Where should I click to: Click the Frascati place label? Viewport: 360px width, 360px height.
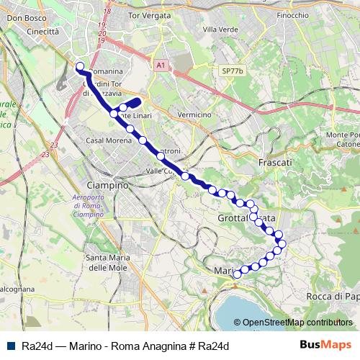pyautogui.click(x=279, y=163)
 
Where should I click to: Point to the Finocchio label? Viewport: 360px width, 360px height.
pyautogui.click(x=292, y=14)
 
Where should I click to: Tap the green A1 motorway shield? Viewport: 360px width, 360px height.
pyautogui.click(x=161, y=65)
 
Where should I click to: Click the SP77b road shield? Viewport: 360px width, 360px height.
pyautogui.click(x=233, y=71)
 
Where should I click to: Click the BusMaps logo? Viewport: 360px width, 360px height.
pyautogui.click(x=325, y=345)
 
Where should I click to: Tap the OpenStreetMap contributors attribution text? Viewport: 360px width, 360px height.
pyautogui.click(x=297, y=323)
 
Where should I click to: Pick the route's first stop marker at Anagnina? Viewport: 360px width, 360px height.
pyautogui.click(x=80, y=68)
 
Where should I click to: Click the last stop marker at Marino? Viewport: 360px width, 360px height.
pyautogui.click(x=237, y=274)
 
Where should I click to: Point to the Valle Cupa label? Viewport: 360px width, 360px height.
pyautogui.click(x=163, y=171)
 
